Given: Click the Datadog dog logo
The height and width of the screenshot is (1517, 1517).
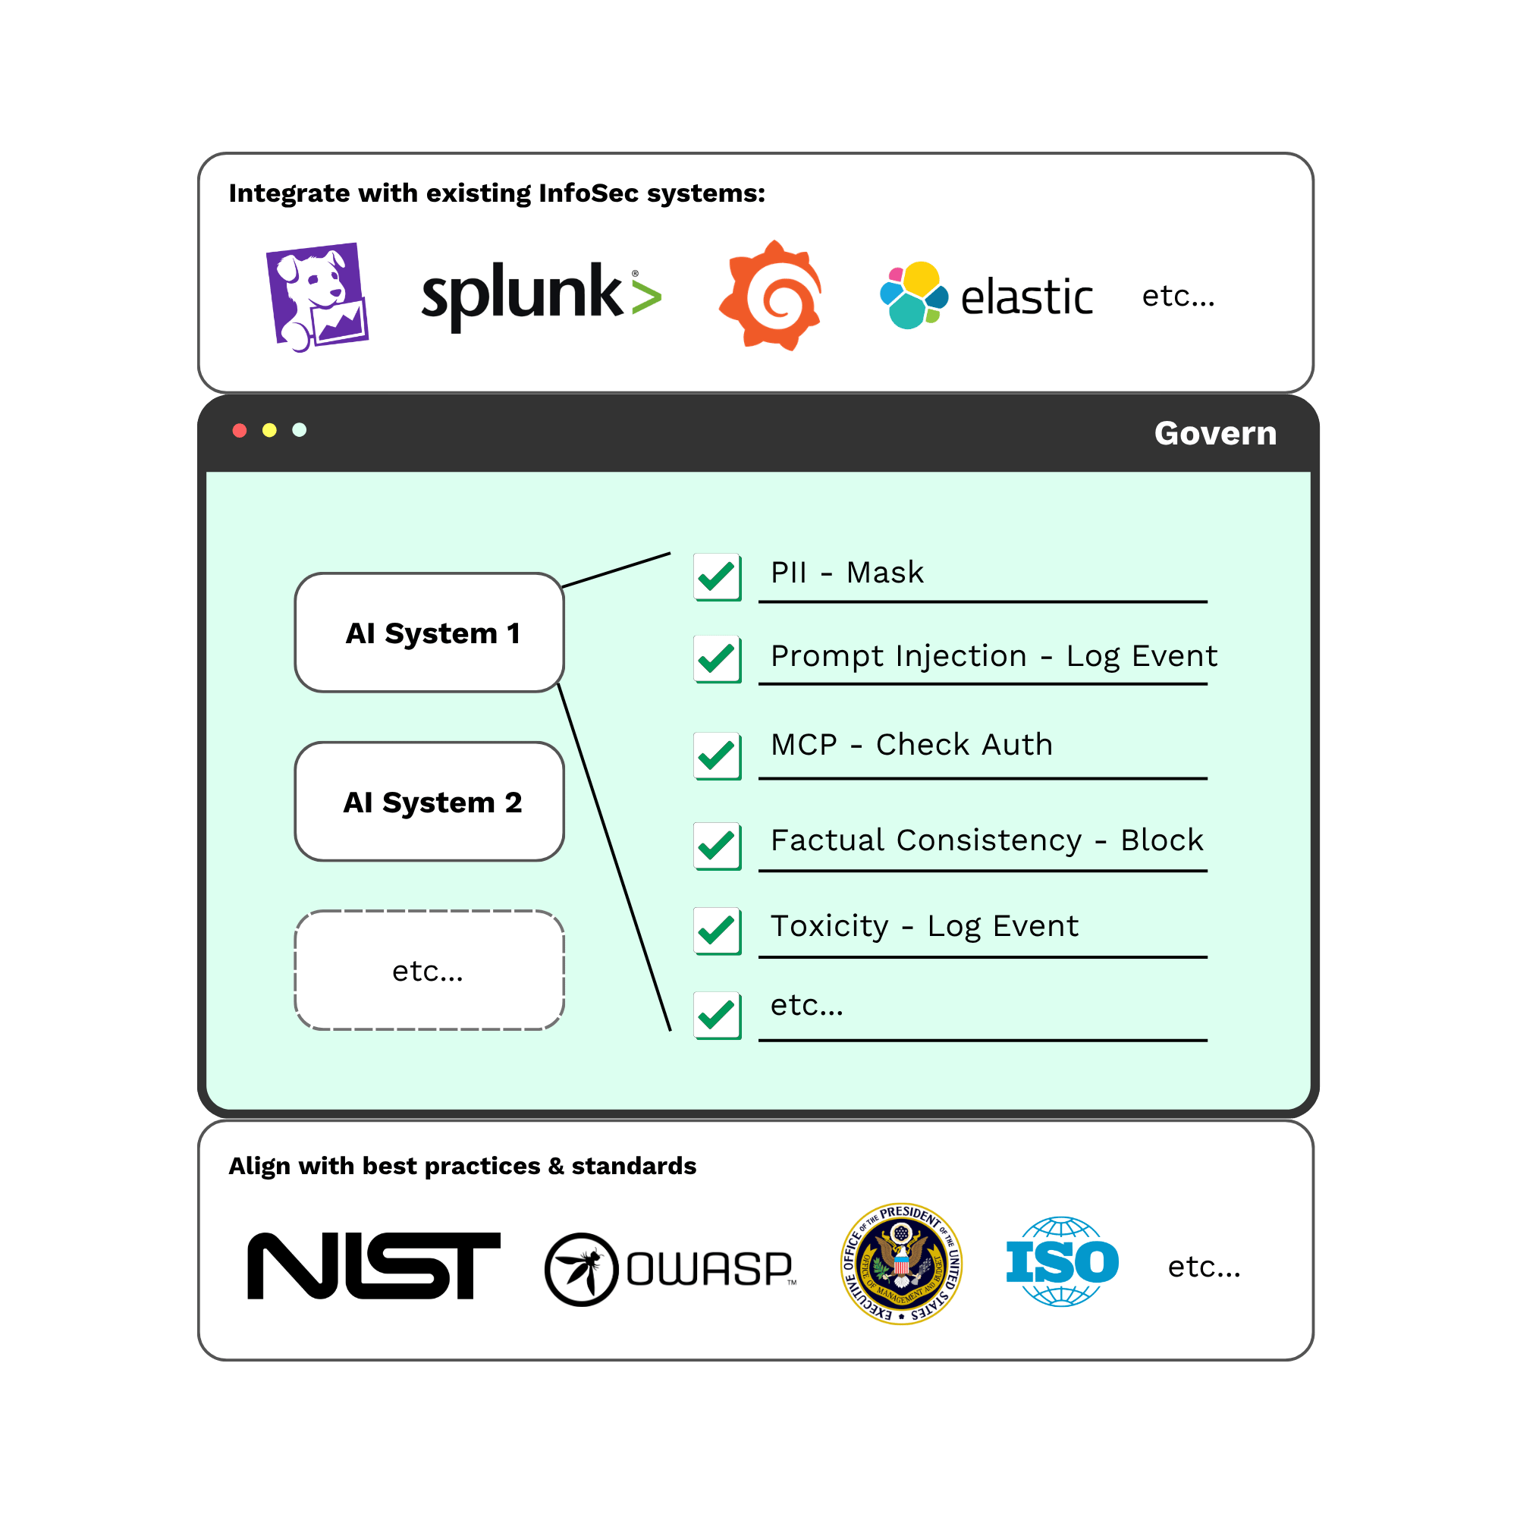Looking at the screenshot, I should (x=317, y=297).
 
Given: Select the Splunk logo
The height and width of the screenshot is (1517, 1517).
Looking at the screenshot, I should (x=541, y=296).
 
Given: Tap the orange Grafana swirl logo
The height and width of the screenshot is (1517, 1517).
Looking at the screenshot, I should (x=771, y=295).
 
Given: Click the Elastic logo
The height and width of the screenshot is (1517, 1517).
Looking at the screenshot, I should (x=986, y=296).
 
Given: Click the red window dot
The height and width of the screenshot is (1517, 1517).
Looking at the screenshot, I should (x=240, y=430).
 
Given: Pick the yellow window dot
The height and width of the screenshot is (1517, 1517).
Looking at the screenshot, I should (x=269, y=430).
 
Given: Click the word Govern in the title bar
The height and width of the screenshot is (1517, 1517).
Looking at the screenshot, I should (x=1214, y=433).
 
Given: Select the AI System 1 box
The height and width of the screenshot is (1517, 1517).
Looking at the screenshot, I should (x=429, y=633).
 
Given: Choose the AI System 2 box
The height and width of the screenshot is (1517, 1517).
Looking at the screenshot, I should (x=429, y=802).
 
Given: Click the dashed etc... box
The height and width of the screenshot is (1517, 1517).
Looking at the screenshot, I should (x=429, y=971).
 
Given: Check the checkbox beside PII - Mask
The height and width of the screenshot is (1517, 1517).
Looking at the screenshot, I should (x=717, y=577).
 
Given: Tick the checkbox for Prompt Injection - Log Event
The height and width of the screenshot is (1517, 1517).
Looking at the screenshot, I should (x=717, y=659).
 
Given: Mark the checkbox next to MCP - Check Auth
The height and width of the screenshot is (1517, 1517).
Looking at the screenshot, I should (x=717, y=755).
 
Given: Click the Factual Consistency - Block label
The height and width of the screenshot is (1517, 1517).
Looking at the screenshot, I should (x=986, y=840).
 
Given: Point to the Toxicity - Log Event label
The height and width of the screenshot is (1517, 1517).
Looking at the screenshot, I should (x=924, y=925).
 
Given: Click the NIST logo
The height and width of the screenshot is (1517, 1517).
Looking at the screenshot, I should (x=374, y=1266).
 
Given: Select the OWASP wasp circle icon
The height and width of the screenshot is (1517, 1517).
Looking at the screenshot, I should (x=581, y=1270).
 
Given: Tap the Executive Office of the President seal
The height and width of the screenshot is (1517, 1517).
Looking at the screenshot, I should (x=901, y=1264).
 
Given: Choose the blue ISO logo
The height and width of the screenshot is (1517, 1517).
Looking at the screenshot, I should (x=1062, y=1262).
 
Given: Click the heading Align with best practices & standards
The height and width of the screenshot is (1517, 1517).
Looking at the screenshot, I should (x=463, y=1166).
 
